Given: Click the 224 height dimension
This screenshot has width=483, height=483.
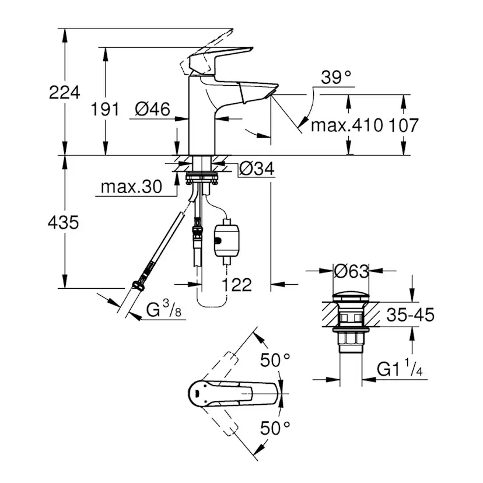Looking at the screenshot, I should tap(65, 92).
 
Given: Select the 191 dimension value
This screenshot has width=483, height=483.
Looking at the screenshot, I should tap(106, 108).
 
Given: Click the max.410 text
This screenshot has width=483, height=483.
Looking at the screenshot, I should tap(346, 124).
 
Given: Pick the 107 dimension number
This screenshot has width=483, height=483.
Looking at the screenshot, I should tap(402, 124).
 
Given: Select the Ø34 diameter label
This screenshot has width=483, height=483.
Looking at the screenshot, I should tap(257, 169).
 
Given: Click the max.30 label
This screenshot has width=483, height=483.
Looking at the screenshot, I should tap(131, 187).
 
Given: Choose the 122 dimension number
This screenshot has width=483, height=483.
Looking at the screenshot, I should tap(237, 285).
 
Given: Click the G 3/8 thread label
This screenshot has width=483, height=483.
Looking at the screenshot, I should tap(163, 310).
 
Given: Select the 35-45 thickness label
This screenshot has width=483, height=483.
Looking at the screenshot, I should tap(410, 316).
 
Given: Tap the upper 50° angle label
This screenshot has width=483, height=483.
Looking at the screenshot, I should tap(275, 360).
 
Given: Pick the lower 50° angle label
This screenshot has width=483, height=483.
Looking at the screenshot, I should tap(275, 429).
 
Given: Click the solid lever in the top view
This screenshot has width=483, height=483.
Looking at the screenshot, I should tap(233, 395).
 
